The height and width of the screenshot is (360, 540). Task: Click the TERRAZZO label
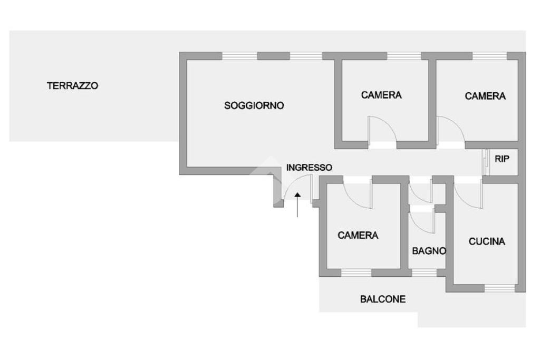click(73, 85)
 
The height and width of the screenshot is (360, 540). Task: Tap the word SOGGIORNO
click(254, 105)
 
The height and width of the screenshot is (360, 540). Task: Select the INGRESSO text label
click(309, 168)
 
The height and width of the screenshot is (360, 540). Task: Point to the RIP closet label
click(502, 159)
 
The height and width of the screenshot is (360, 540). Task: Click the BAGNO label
click(429, 251)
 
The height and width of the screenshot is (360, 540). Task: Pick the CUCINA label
click(487, 241)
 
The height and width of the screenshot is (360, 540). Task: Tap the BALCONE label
click(383, 299)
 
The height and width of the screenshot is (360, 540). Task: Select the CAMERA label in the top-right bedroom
click(485, 96)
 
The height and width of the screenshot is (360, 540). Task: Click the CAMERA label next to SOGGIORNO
click(381, 95)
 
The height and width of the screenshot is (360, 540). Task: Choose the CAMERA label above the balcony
click(358, 235)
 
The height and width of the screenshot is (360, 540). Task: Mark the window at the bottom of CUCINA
click(499, 288)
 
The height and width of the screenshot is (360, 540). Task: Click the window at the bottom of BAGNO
click(424, 273)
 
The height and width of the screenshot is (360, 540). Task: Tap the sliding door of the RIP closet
click(485, 162)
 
